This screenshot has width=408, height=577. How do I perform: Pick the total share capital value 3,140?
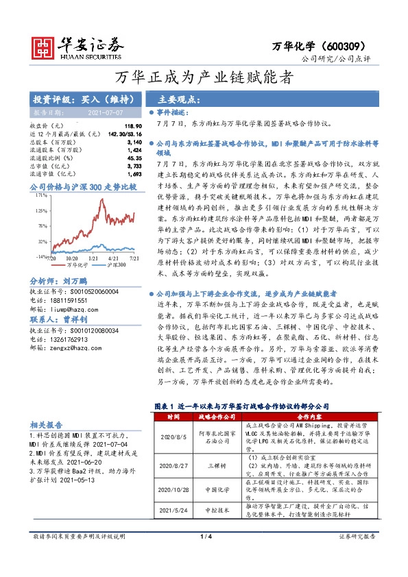click(134, 142)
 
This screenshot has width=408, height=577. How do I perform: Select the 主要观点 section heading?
click(172, 99)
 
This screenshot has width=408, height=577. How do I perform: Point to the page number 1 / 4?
click(204, 561)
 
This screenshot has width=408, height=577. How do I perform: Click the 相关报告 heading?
click(47, 424)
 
